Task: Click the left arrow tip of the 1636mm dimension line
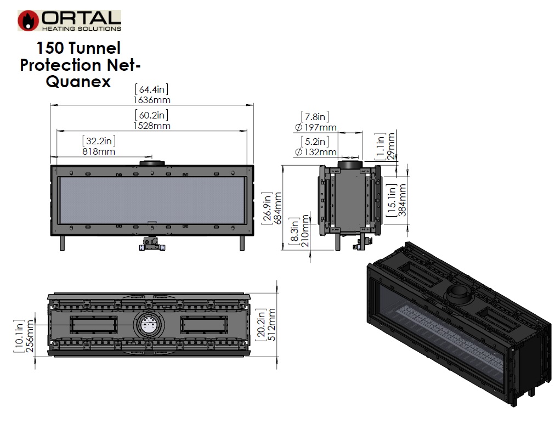[50, 105]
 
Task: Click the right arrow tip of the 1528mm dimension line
[247, 131]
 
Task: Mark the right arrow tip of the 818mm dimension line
[152, 157]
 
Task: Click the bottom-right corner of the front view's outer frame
[254, 235]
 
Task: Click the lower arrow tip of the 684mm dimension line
[283, 250]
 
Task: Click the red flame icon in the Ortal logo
[28, 20]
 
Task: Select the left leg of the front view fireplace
[63, 243]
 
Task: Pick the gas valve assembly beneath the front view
[152, 244]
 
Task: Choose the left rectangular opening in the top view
[93, 325]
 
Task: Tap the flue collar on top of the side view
[350, 165]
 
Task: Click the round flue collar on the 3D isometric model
[458, 294]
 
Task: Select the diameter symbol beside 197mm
[298, 127]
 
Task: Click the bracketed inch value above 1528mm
[151, 115]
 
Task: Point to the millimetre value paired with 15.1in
[403, 200]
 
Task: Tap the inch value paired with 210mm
[295, 230]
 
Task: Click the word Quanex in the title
[78, 82]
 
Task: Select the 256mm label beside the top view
[30, 336]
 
